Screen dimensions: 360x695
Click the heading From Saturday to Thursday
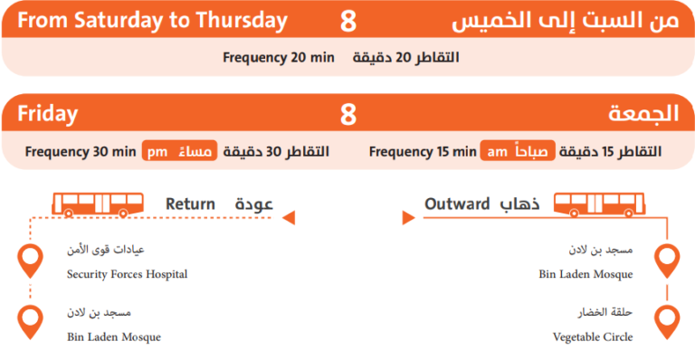point(152,21)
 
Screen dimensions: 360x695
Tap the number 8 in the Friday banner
point(348,115)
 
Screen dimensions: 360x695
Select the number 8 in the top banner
point(348,21)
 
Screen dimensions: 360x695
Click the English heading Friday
point(47,115)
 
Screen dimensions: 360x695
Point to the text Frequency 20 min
point(279,58)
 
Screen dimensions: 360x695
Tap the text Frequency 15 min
point(422,151)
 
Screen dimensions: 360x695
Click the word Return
point(190,204)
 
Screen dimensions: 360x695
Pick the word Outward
point(457,204)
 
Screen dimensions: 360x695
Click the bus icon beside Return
point(90,204)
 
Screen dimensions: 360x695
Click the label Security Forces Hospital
point(127,274)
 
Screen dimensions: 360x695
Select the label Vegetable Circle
point(593,337)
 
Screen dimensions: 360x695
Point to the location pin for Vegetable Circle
point(667,321)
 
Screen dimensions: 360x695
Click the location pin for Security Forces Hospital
point(31,260)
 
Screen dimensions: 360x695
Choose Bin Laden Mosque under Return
point(113,337)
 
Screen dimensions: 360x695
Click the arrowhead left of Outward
point(406,216)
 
